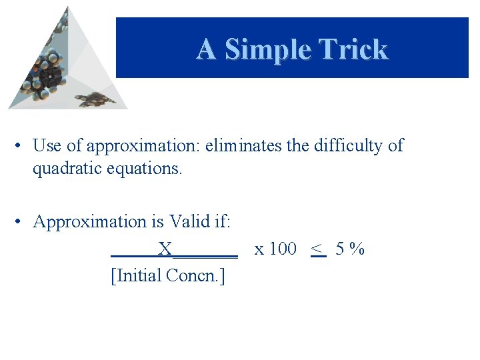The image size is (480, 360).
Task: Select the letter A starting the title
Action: (x=206, y=49)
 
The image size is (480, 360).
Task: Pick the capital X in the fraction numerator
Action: (x=165, y=249)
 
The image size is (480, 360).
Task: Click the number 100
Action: (x=283, y=249)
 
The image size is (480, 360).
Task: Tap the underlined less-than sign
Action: (x=318, y=249)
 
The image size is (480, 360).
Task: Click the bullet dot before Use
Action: (x=22, y=145)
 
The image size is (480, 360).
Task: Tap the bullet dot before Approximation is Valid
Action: (x=22, y=221)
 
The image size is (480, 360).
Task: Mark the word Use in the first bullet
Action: (x=47, y=145)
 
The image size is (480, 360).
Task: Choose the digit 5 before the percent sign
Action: (x=340, y=249)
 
